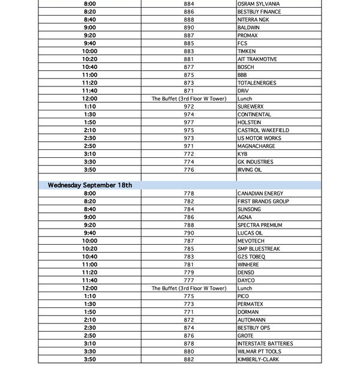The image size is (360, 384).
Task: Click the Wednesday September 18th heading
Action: tap(90, 185)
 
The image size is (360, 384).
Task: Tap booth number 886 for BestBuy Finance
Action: tap(189, 11)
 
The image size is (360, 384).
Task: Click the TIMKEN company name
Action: tap(247, 52)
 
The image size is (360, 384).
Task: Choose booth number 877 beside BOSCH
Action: tap(189, 67)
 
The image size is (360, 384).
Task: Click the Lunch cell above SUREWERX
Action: tap(245, 98)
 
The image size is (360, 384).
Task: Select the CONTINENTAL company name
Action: tap(254, 115)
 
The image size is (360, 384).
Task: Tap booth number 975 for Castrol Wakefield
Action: tap(189, 130)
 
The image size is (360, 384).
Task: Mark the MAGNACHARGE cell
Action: tap(254, 146)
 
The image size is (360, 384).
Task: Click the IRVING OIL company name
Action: tap(250, 170)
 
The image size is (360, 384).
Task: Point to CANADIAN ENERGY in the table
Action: tap(260, 194)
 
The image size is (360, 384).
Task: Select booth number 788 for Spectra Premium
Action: tap(189, 225)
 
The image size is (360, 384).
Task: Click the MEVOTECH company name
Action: tap(251, 241)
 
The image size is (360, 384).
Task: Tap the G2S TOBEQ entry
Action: tap(251, 257)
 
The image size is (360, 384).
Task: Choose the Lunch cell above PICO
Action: tap(245, 289)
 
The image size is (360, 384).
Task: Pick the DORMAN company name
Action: tap(248, 312)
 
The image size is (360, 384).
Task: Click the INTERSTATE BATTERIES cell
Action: tap(265, 344)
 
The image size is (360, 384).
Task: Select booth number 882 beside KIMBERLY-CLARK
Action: tap(189, 359)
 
